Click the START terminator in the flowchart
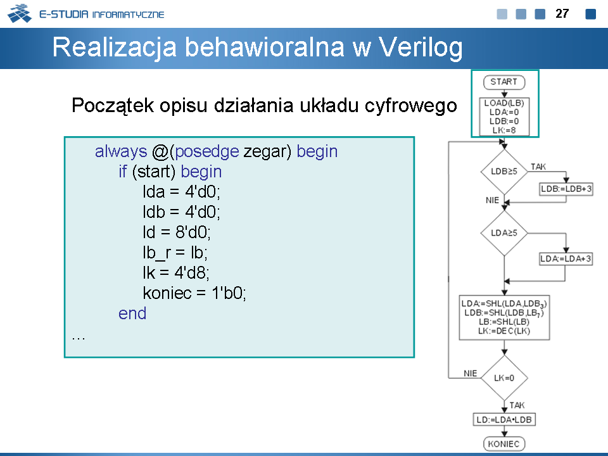pyautogui.click(x=504, y=82)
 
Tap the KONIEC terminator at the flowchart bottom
pyautogui.click(x=504, y=444)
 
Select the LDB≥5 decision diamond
pyautogui.click(x=504, y=172)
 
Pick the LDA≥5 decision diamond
pyautogui.click(x=504, y=233)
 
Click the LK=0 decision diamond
pyautogui.click(x=504, y=378)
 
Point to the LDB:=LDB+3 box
pyautogui.click(x=566, y=189)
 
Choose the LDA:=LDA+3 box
pyautogui.click(x=566, y=258)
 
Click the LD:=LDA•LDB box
pyautogui.click(x=504, y=419)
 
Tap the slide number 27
pyautogui.click(x=562, y=13)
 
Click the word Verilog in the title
pyautogui.click(x=421, y=47)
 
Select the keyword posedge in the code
pyautogui.click(x=206, y=151)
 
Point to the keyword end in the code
pyautogui.click(x=132, y=313)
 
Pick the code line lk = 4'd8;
pyautogui.click(x=176, y=272)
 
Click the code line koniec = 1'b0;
pyautogui.click(x=194, y=293)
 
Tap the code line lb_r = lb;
pyautogui.click(x=175, y=253)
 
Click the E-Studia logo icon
pyautogui.click(x=20, y=13)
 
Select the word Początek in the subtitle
pyautogui.click(x=113, y=106)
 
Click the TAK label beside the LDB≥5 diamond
pyautogui.click(x=538, y=167)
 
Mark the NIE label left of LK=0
pyautogui.click(x=471, y=373)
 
